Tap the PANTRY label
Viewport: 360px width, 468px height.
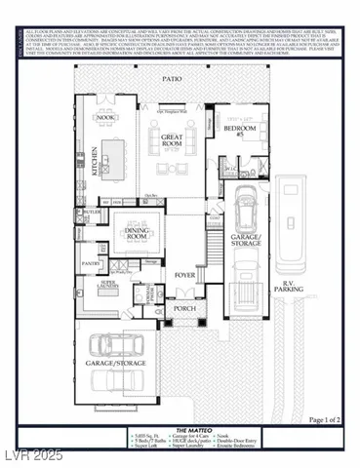[x=91, y=263]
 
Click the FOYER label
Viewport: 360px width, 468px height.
[x=185, y=275]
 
